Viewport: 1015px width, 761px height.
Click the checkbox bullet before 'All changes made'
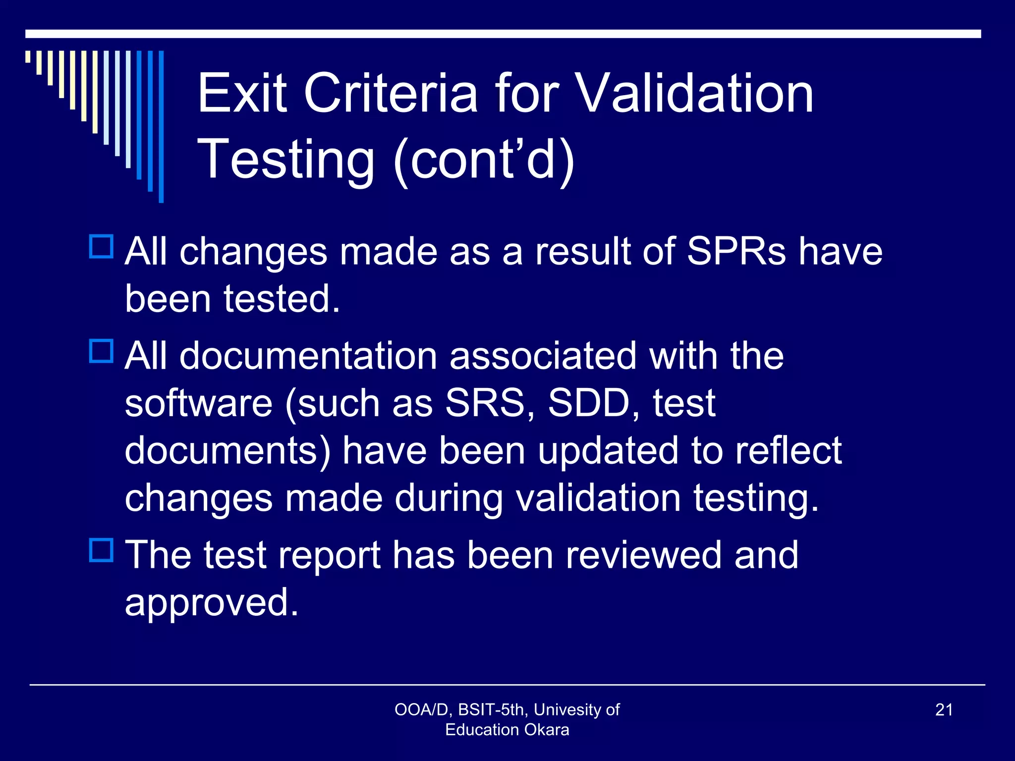pyautogui.click(x=102, y=247)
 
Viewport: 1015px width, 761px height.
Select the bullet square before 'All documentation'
pyautogui.click(x=102, y=351)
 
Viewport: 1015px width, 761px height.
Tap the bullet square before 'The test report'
pyautogui.click(x=102, y=550)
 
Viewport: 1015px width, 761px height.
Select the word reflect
pyautogui.click(x=789, y=450)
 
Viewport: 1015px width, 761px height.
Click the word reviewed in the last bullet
pyautogui.click(x=643, y=555)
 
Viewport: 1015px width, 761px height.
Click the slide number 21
pyautogui.click(x=944, y=709)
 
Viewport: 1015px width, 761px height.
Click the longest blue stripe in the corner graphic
pyautogui.click(x=161, y=126)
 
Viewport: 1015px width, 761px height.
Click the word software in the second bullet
pyautogui.click(x=198, y=403)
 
